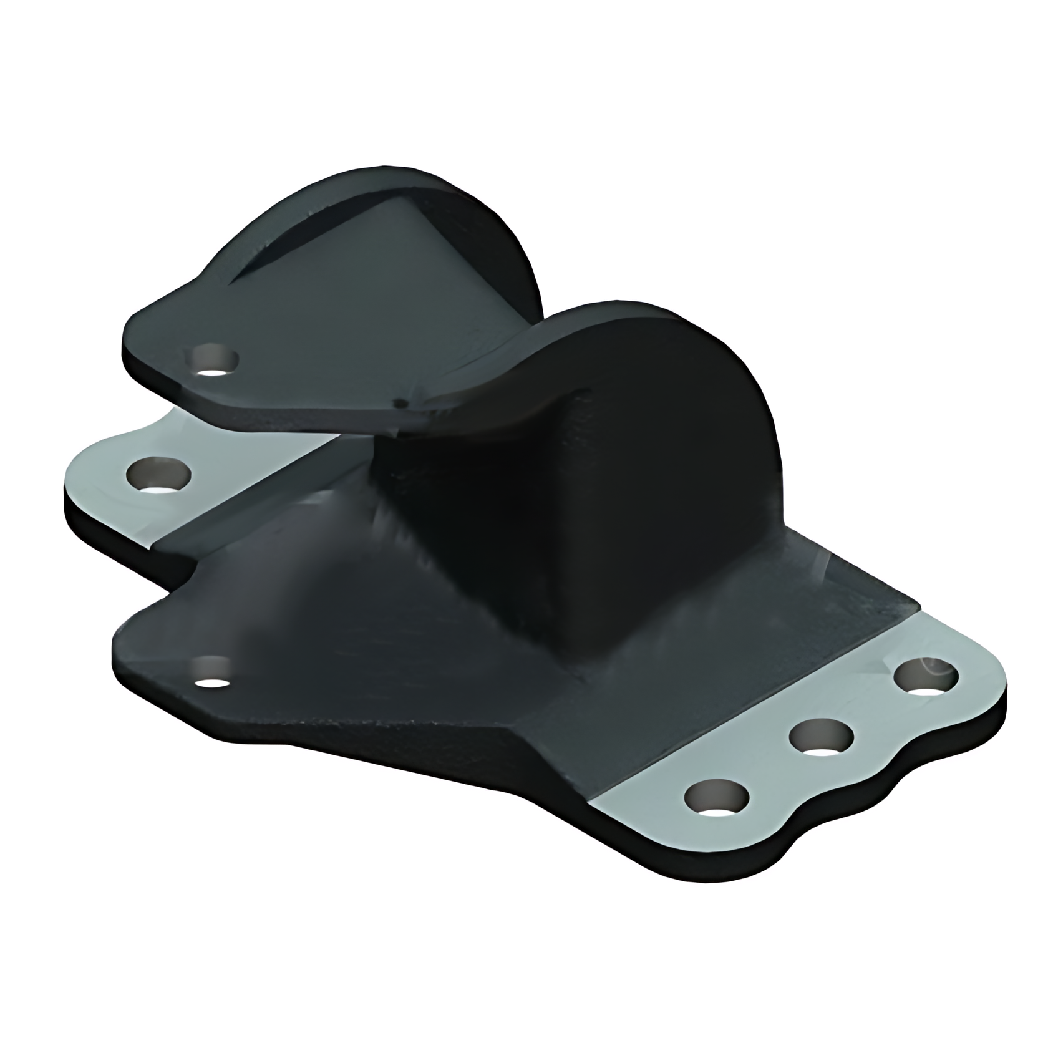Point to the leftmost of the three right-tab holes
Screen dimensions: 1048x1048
coord(716,798)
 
